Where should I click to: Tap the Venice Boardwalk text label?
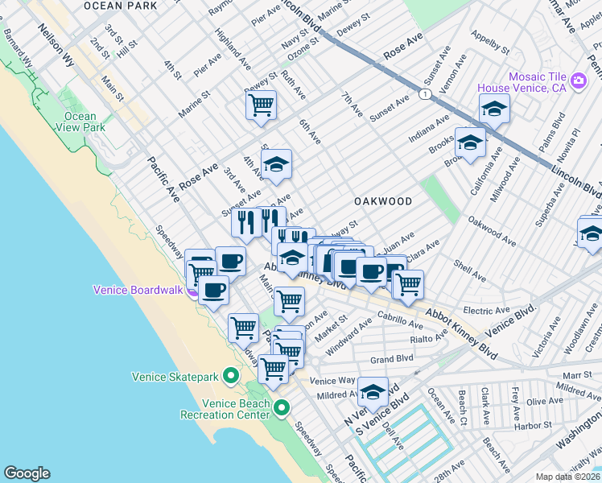point(140,291)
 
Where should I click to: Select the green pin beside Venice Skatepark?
point(230,376)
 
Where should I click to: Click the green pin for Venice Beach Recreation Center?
point(281,408)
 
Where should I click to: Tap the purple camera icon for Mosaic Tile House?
point(578,81)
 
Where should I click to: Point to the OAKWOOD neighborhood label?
point(383,201)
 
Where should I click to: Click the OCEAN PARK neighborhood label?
point(120,6)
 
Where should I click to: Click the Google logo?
point(27,473)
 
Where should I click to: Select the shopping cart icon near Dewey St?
point(261,105)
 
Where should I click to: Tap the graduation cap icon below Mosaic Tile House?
point(494,108)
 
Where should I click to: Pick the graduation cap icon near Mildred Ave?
point(373,392)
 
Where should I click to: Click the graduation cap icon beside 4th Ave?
point(276,165)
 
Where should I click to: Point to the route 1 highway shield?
point(423,94)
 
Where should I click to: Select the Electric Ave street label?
point(487,309)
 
